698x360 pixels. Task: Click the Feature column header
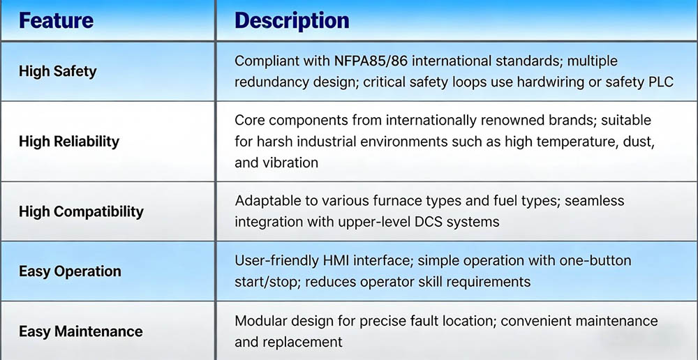[56, 21]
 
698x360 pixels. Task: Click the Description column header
[292, 21]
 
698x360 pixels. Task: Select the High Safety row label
[57, 71]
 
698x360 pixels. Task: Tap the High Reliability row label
[69, 142]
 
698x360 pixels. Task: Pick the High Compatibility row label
[81, 211]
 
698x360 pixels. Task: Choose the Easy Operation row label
[70, 271]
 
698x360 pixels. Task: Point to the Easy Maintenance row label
[80, 331]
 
